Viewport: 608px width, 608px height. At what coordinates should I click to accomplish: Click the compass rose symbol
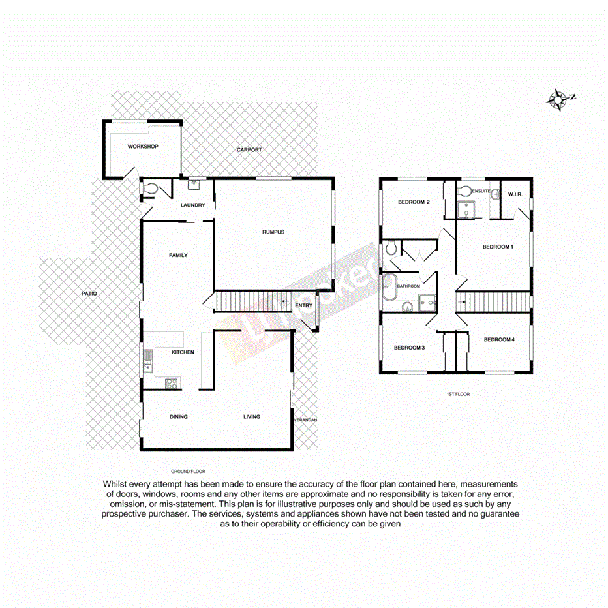point(558,99)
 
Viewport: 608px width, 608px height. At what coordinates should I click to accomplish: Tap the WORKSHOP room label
point(143,147)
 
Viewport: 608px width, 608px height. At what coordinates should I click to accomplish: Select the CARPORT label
point(249,150)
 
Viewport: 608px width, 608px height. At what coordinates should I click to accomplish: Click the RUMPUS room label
point(273,232)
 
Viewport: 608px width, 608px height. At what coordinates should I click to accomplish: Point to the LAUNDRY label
point(193,205)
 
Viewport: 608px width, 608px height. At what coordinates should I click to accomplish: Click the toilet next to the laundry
point(149,190)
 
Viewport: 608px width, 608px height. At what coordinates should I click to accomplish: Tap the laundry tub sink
point(194,184)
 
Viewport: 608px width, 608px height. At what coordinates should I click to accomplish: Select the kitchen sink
point(148,360)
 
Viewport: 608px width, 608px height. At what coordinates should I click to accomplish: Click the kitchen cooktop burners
point(172,384)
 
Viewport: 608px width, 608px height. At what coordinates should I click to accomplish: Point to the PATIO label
point(89,294)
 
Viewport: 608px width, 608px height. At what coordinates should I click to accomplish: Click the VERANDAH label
point(305,420)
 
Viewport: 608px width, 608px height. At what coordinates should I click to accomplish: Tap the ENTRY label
point(304,305)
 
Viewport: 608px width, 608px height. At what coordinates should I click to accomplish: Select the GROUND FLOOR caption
point(189,471)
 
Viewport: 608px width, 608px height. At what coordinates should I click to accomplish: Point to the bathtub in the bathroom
point(390,286)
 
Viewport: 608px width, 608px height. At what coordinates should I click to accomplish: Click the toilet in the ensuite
point(464,190)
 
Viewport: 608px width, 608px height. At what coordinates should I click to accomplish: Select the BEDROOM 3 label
point(409,348)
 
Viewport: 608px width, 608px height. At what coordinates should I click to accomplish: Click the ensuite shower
point(466,209)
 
